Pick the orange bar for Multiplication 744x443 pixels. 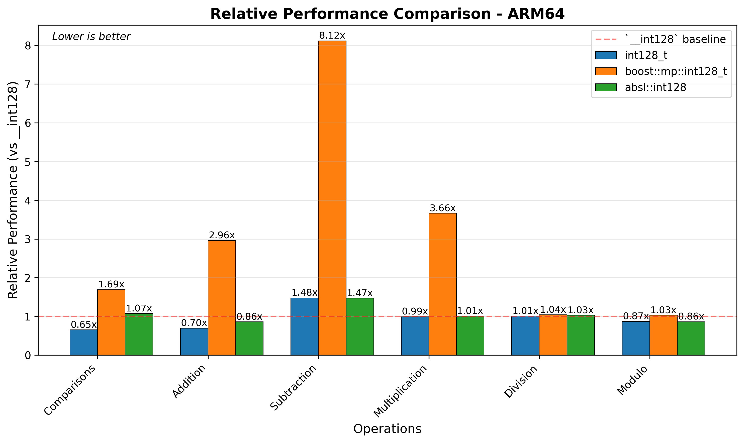(442, 284)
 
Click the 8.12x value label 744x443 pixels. (332, 36)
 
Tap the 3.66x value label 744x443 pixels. (442, 208)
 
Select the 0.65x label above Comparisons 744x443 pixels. (83, 325)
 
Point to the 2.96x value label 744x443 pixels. (222, 235)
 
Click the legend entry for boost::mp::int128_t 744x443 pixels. (676, 71)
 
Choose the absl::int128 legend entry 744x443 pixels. (655, 87)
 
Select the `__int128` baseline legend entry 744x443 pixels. (675, 39)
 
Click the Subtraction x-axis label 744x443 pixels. (293, 388)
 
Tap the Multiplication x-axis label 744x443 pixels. (400, 391)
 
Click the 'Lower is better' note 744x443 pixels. (91, 37)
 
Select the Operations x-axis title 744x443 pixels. (387, 429)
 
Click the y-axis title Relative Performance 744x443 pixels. (13, 190)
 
